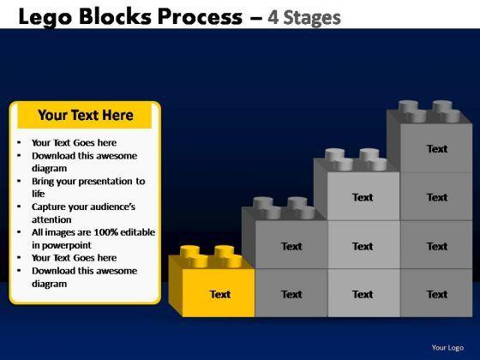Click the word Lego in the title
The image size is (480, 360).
[x=45, y=17]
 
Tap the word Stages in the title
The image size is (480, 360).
[x=312, y=18]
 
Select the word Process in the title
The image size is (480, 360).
[x=200, y=16]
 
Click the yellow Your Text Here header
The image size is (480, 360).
[x=85, y=116]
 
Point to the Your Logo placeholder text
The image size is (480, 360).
[x=447, y=347]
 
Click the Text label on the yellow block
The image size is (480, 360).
[x=220, y=294]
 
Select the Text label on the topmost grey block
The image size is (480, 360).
[x=437, y=149]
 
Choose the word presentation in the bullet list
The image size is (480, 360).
[x=109, y=182]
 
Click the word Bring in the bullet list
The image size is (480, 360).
[x=43, y=182]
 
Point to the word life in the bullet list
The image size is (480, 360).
[x=39, y=194]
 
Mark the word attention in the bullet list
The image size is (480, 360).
[x=51, y=219]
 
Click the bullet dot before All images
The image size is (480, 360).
[x=19, y=232]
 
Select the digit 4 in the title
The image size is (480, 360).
[x=273, y=17]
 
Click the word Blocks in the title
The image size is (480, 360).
[x=115, y=16]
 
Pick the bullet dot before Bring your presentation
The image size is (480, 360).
[x=19, y=181]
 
